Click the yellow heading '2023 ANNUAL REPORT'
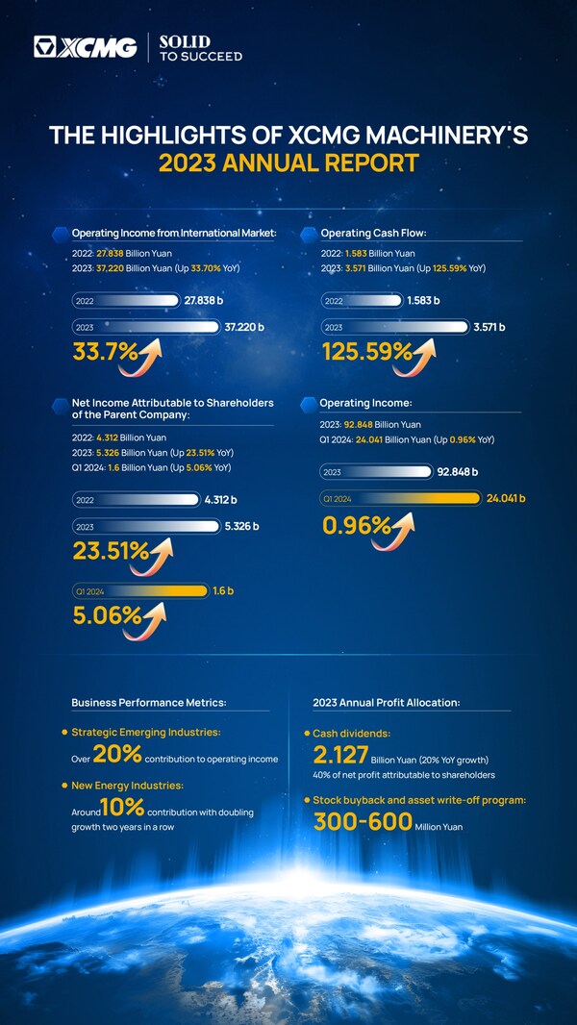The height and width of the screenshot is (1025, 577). coord(288,162)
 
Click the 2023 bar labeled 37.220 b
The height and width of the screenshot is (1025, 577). coord(145,326)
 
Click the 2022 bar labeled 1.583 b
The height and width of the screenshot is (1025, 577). coord(363,301)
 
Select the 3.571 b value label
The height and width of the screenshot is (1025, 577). coord(489,327)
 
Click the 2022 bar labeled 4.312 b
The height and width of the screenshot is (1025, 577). coord(136,500)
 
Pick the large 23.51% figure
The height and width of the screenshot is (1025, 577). coord(111,551)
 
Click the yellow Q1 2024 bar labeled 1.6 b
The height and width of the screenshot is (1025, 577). coord(140,590)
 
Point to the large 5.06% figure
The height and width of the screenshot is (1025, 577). coord(106,614)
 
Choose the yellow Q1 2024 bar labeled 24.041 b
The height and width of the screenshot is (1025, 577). coord(400,498)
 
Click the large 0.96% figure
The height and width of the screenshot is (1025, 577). coord(356,525)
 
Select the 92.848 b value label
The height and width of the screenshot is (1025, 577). coord(458,472)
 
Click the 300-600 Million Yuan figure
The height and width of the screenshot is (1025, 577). coord(363,821)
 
